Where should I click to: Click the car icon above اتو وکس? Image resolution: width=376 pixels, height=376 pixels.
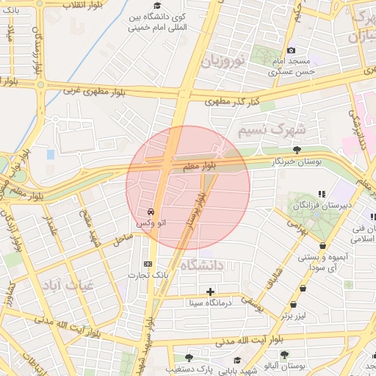[151, 211]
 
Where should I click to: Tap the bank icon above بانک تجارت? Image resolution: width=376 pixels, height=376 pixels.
[148, 264]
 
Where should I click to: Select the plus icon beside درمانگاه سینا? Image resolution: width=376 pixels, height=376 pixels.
[211, 292]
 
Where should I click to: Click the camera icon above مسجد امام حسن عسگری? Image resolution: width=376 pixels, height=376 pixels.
[291, 49]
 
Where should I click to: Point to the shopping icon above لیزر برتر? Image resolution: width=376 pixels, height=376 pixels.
[294, 304]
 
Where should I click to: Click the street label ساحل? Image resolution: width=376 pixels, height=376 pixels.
[123, 239]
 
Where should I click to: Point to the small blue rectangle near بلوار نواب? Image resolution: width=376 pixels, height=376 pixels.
[50, 154]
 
